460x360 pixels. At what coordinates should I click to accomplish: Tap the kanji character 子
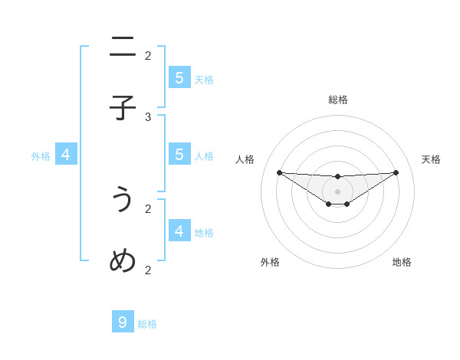click(123, 108)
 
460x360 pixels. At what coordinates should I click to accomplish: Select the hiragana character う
click(123, 200)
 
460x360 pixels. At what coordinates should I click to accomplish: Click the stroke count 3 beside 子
click(148, 116)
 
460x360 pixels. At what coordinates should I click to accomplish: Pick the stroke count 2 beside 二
click(148, 55)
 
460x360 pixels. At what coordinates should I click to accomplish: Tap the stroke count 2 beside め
click(148, 270)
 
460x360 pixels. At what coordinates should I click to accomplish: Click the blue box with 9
click(123, 322)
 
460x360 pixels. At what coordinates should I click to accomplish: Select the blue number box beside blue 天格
click(179, 77)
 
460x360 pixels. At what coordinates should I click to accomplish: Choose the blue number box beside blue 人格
click(179, 154)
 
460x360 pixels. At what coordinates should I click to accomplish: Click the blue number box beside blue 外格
click(66, 154)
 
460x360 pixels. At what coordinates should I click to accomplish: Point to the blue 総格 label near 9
click(147, 324)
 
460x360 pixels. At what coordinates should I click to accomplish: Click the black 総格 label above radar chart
click(338, 100)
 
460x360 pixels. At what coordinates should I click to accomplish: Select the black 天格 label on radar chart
click(431, 159)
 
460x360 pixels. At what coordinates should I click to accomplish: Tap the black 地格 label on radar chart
click(402, 262)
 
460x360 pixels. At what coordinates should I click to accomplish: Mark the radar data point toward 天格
click(396, 172)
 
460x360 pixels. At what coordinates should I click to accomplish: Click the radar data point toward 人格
click(279, 172)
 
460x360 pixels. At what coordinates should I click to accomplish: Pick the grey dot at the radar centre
click(337, 191)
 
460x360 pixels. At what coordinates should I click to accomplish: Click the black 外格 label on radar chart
click(270, 262)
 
